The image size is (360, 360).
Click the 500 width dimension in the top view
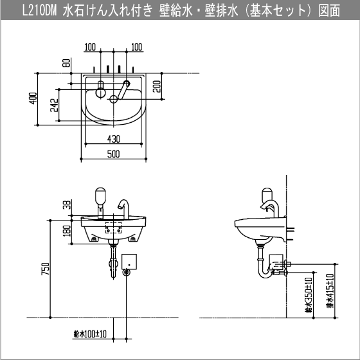[x=113, y=154]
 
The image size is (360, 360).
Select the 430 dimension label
[x=113, y=139]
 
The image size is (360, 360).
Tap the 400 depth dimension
[x=33, y=98]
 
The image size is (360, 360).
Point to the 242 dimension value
[x=55, y=105]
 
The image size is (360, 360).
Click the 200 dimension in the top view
[x=157, y=86]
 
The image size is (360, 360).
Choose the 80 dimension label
[x=66, y=63]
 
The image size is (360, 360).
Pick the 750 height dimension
[x=45, y=269]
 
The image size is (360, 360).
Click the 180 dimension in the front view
[x=67, y=231]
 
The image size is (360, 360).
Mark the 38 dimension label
[x=67, y=205]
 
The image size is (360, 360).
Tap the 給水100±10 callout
[x=90, y=334]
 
